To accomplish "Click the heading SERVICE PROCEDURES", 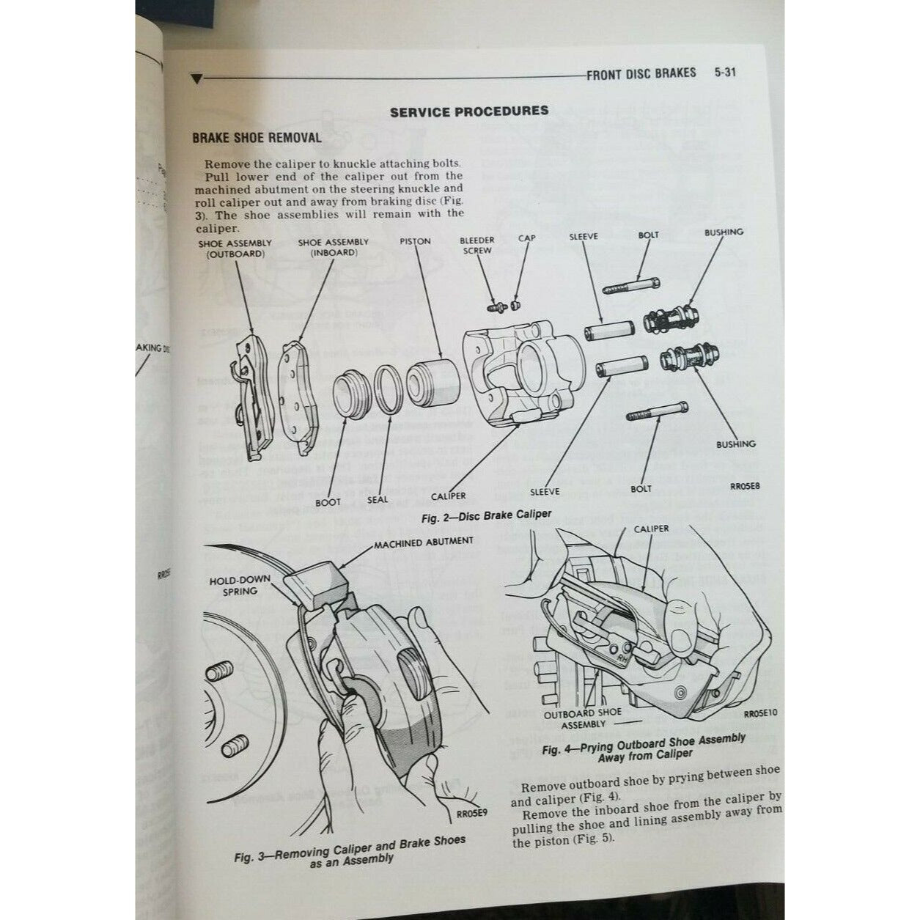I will [469, 111].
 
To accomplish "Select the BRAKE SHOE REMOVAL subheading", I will [256, 138].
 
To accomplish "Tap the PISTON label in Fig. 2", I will [415, 241].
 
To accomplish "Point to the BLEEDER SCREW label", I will [476, 245].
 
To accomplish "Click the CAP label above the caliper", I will [526, 238].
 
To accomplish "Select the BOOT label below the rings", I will [328, 503].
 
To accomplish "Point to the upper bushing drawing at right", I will [671, 320].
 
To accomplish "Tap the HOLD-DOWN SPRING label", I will [240, 584].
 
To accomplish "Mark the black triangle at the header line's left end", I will [196, 78].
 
